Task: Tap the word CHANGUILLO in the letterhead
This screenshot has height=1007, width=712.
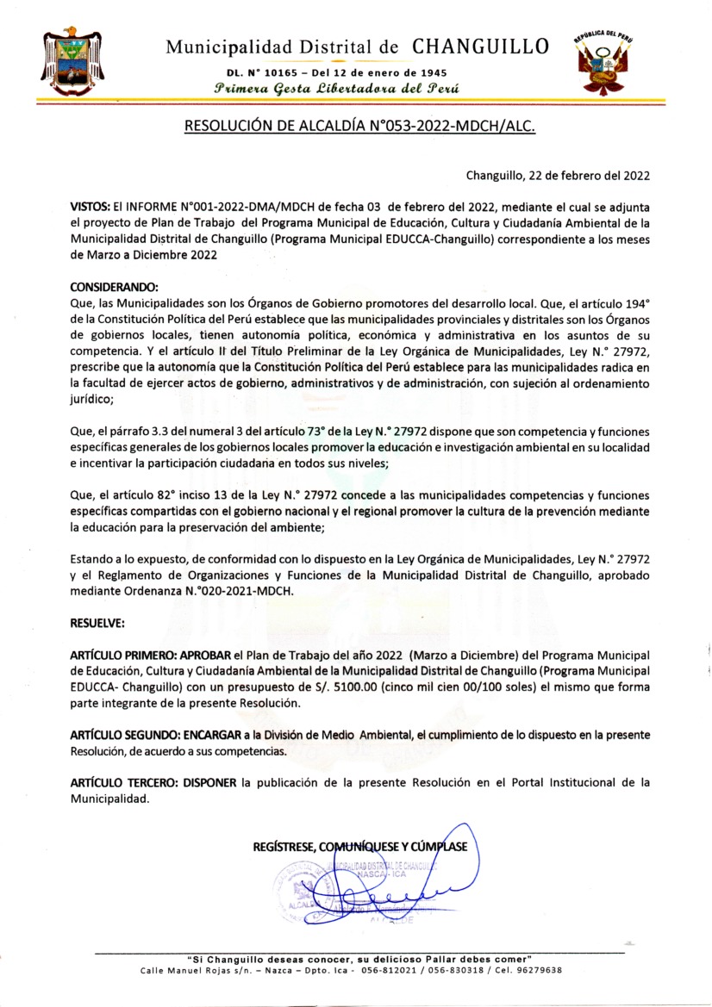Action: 480,47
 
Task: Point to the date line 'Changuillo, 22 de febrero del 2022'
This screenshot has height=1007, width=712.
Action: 558,175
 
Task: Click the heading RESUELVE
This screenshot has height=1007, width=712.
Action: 97,621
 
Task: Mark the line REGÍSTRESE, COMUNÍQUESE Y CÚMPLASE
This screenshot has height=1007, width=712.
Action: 360,846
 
